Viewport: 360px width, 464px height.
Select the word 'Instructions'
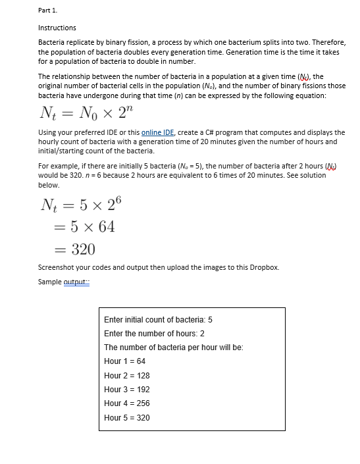click(x=57, y=28)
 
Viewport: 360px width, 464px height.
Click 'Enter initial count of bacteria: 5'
click(x=158, y=319)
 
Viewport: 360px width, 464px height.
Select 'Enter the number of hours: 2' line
click(x=154, y=333)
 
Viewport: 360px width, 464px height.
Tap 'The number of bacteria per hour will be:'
click(x=174, y=347)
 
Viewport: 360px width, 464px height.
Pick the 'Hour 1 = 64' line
click(x=124, y=361)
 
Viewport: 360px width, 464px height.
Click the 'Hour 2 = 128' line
click(x=126, y=375)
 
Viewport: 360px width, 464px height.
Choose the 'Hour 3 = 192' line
click(x=126, y=389)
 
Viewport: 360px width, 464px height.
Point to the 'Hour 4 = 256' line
click(x=126, y=403)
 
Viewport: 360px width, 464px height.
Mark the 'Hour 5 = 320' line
click(x=126, y=417)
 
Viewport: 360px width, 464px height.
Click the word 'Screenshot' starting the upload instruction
click(x=55, y=267)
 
